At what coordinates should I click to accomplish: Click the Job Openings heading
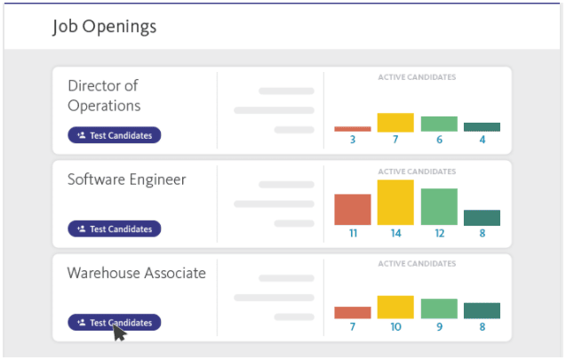(x=104, y=27)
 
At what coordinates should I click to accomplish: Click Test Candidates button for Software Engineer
(x=115, y=229)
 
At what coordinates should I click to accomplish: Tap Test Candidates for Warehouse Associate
(x=115, y=323)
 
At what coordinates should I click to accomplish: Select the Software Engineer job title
(x=127, y=180)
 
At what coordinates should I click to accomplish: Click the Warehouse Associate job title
(x=137, y=273)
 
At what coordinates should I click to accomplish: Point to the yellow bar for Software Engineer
(x=395, y=202)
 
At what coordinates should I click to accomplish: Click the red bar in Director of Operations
(x=353, y=129)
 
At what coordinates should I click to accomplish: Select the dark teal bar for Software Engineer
(x=482, y=218)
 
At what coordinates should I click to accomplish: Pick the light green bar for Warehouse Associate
(x=439, y=308)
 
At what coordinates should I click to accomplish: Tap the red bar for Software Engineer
(x=353, y=210)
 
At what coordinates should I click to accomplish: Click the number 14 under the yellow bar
(x=396, y=233)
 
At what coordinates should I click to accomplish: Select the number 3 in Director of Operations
(x=353, y=140)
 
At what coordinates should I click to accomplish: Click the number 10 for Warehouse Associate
(x=396, y=327)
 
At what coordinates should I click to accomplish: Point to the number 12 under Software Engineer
(x=439, y=233)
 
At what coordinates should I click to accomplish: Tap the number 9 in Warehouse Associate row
(x=439, y=327)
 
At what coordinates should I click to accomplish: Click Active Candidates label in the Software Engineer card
(x=417, y=172)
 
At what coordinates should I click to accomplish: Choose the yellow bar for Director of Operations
(x=395, y=123)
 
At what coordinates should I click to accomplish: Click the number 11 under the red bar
(x=353, y=233)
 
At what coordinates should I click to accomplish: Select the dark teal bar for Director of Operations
(x=482, y=127)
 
